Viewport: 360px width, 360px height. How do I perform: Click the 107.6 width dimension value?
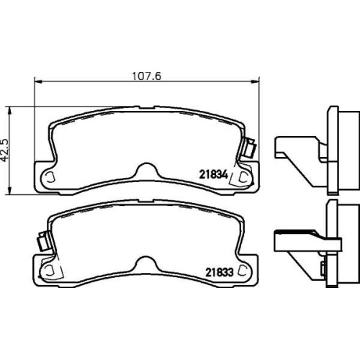[147, 76]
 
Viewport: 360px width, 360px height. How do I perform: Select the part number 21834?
[213, 175]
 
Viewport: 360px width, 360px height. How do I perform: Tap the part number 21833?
[219, 272]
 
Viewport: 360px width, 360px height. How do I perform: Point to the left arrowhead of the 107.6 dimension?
[38, 81]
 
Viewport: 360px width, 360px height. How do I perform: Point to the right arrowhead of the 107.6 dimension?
[256, 81]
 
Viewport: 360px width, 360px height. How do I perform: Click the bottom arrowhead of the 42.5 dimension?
[9, 189]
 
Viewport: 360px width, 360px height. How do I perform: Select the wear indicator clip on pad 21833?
[43, 240]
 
